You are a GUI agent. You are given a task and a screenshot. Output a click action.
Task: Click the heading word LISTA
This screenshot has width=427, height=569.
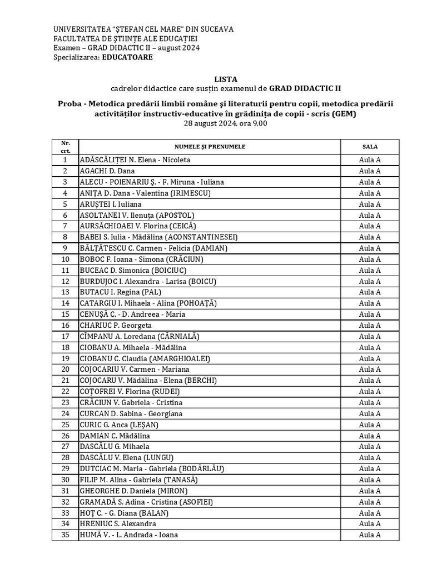click(225, 79)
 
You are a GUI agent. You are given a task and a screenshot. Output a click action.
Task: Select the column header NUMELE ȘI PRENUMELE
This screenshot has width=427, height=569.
click(210, 147)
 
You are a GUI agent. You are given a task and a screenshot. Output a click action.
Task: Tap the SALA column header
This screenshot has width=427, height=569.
click(370, 147)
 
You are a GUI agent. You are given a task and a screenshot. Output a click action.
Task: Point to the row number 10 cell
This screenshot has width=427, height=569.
click(65, 259)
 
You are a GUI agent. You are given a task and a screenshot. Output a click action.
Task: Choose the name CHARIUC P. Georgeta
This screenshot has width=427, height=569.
click(116, 326)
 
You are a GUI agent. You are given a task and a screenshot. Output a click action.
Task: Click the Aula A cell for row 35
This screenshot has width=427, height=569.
click(370, 535)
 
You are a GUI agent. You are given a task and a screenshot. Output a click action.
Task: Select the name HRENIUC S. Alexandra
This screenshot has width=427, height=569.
click(118, 524)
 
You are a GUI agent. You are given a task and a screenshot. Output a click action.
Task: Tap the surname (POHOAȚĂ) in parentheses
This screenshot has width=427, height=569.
click(196, 303)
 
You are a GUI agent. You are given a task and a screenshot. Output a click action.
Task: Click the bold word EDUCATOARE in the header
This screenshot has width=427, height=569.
click(127, 57)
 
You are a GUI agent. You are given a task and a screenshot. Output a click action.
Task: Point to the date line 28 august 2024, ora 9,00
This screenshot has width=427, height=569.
click(225, 124)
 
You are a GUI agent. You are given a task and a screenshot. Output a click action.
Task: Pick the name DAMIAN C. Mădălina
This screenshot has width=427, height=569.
click(115, 436)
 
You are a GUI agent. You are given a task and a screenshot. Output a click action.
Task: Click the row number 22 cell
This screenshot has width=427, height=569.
click(65, 392)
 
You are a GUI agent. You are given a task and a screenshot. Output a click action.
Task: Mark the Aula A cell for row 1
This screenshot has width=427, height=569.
click(370, 160)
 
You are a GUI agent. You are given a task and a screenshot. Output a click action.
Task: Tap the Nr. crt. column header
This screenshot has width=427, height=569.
click(65, 147)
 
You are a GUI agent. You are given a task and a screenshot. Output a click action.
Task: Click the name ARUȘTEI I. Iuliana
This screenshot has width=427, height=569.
click(110, 204)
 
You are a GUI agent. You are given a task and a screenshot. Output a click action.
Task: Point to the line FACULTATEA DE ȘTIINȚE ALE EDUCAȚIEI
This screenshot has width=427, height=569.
click(125, 38)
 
